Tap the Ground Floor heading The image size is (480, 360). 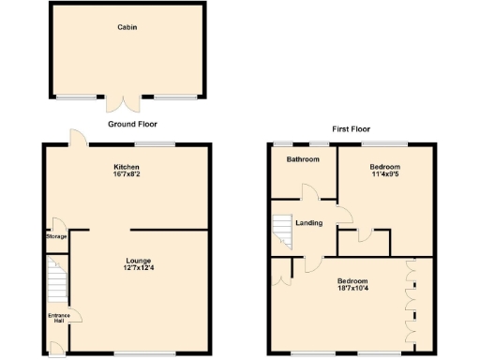[x=131, y=124]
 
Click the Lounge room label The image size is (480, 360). [x=139, y=260]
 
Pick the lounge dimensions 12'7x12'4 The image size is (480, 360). [x=139, y=269]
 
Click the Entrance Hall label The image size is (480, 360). [x=59, y=317]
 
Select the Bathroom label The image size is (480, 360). [x=303, y=159]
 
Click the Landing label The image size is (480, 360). [x=309, y=223]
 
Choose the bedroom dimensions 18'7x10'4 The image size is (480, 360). [x=352, y=290]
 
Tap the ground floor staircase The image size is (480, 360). [x=57, y=282]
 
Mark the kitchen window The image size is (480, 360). [x=155, y=143]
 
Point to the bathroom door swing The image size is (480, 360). [x=309, y=193]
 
